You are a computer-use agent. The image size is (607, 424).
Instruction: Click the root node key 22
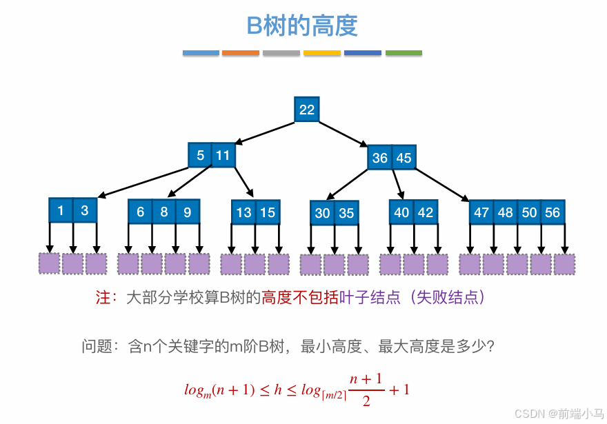(307, 110)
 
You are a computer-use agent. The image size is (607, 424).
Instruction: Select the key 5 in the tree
(200, 155)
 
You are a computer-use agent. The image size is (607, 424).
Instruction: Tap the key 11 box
(222, 155)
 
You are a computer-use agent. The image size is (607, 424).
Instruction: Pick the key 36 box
(380, 157)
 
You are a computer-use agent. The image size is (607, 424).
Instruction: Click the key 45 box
(404, 157)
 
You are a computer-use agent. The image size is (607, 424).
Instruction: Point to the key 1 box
(61, 210)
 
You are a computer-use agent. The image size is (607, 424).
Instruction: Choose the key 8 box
(164, 212)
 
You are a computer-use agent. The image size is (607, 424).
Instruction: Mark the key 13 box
(243, 212)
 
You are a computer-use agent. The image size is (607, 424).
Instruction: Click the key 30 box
(323, 213)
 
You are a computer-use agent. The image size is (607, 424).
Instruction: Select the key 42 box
(426, 212)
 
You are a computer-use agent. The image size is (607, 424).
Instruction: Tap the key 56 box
(553, 212)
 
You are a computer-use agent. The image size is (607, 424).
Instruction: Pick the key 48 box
(506, 212)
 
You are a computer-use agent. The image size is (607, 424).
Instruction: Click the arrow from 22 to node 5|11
(265, 133)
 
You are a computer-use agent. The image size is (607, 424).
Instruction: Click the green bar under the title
(404, 53)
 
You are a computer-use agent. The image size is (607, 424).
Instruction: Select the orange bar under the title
(241, 53)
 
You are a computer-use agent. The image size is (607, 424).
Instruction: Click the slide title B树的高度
(302, 26)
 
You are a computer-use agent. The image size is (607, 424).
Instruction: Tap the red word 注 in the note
(103, 297)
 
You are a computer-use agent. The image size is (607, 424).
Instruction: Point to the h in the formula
(278, 390)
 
